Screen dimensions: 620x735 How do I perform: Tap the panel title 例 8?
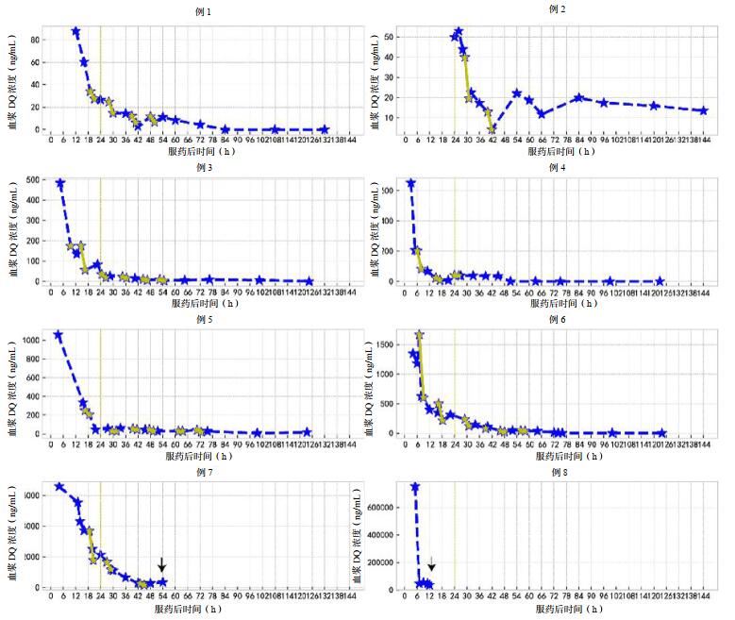tap(557, 470)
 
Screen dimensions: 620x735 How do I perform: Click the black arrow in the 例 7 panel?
tap(162, 564)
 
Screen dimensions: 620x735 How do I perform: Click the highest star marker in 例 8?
tap(415, 487)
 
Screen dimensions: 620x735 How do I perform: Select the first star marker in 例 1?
tap(75, 32)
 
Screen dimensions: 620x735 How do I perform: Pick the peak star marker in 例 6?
tap(420, 335)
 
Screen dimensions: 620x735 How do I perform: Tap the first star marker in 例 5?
tap(58, 335)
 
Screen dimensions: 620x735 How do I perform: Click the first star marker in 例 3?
tap(60, 183)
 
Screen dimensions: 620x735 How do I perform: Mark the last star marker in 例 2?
tap(703, 110)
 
